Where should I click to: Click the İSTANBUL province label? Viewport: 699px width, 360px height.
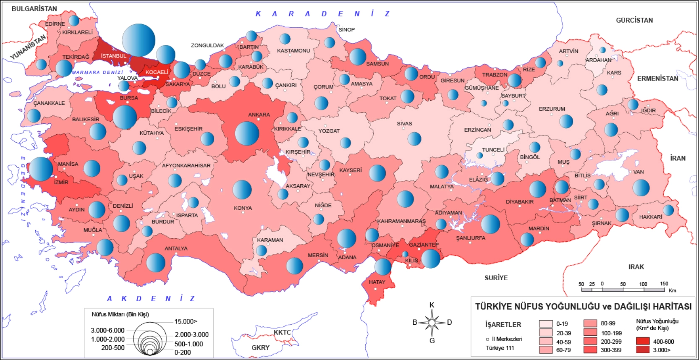coord(113,56)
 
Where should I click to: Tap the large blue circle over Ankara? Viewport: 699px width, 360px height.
coord(247,133)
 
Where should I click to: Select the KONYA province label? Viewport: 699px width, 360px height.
coord(243,208)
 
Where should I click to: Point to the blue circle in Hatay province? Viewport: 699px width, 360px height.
coord(382,267)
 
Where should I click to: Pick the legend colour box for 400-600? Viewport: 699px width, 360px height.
coord(642,341)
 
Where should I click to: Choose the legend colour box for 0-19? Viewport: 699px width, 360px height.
coord(546,323)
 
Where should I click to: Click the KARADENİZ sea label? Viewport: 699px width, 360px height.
coord(323,14)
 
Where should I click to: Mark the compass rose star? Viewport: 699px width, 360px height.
coord(432,323)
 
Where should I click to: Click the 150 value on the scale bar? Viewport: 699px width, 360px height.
coord(664,284)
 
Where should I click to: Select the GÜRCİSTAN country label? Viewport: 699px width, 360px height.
coord(634,20)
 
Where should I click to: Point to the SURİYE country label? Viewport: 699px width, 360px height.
coord(496,278)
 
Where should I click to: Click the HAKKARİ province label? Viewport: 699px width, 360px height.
coord(650,217)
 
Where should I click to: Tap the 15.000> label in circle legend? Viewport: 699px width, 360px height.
coord(186,321)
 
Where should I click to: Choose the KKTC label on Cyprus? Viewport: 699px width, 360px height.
coord(282,332)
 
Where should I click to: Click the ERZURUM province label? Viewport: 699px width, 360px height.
coord(552,109)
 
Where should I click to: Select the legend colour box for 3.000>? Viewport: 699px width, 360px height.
coord(642,350)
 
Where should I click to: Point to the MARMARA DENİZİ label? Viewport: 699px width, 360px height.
coord(97,73)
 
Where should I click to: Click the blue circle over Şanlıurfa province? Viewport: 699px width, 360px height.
coord(490,224)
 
